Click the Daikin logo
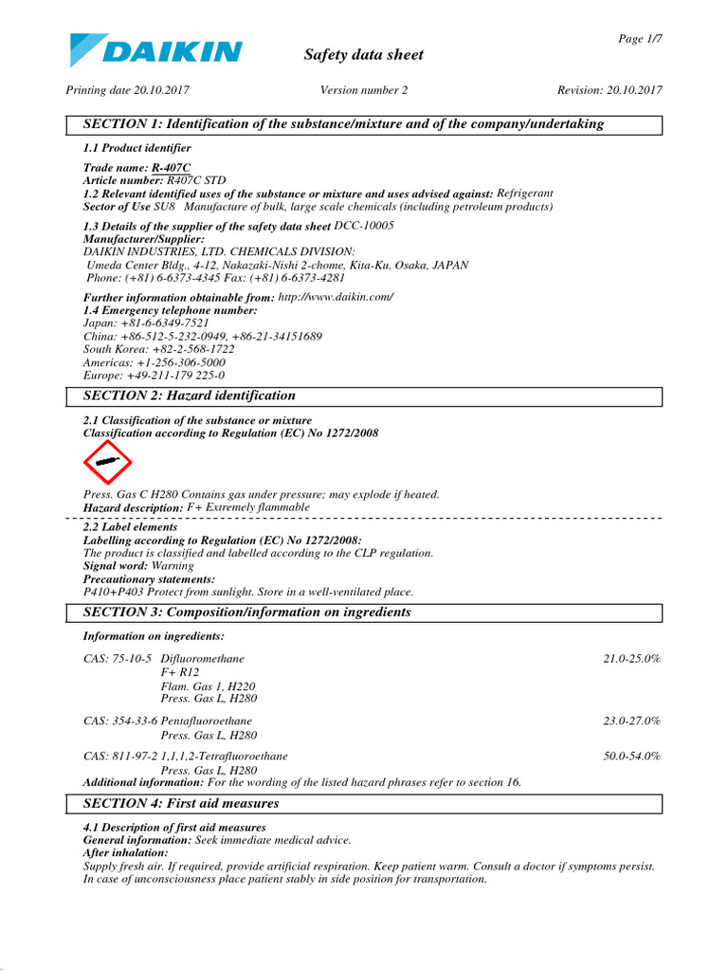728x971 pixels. (155, 51)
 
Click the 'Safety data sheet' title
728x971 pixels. (363, 55)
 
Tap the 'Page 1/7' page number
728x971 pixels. (640, 38)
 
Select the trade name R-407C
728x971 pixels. (171, 167)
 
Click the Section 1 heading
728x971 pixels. (343, 124)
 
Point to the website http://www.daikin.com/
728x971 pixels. (336, 297)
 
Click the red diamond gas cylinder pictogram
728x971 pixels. (107, 462)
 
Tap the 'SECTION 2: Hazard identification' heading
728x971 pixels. (190, 395)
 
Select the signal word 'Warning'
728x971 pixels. (173, 566)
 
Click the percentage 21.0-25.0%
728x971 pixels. (631, 658)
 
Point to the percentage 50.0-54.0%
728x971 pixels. (631, 757)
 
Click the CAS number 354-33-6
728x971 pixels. (120, 722)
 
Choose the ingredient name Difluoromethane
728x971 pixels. (202, 658)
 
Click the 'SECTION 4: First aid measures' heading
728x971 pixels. (181, 803)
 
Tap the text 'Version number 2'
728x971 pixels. (364, 90)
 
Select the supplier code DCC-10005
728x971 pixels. (364, 226)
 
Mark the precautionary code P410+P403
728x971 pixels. (116, 592)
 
